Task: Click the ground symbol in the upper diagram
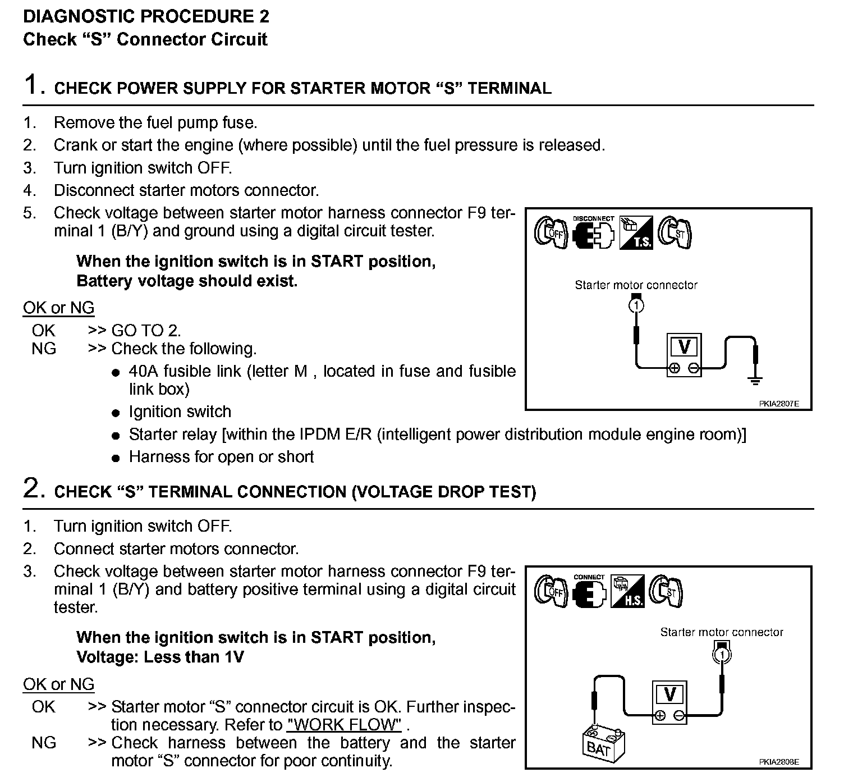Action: [755, 381]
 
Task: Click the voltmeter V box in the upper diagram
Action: [684, 354]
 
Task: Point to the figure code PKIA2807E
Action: [779, 403]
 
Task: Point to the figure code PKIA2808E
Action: [778, 762]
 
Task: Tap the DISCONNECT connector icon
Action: [593, 232]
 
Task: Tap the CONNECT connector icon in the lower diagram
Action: [589, 592]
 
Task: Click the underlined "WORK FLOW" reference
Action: [344, 724]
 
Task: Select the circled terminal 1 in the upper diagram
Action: [636, 305]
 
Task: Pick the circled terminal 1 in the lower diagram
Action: [723, 654]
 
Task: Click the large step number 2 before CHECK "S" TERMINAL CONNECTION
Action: [33, 488]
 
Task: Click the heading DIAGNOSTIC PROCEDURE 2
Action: [146, 16]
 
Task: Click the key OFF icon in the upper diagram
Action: [551, 232]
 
